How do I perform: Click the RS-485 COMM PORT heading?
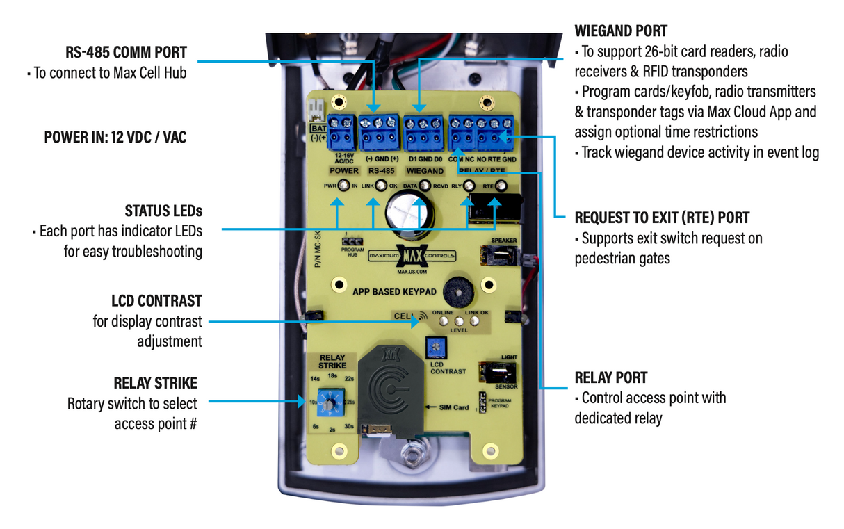click(x=127, y=52)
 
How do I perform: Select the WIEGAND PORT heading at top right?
click(x=621, y=31)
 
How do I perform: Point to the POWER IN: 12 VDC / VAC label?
click(x=115, y=137)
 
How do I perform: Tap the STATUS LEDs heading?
click(x=163, y=211)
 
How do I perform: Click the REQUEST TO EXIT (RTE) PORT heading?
click(x=662, y=218)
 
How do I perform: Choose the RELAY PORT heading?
click(x=610, y=377)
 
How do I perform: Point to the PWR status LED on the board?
click(x=343, y=186)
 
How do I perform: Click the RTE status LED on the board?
click(x=500, y=186)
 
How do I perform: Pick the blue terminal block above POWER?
click(x=342, y=132)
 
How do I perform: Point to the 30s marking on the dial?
click(x=348, y=426)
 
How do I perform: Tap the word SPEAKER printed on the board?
click(x=504, y=241)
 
